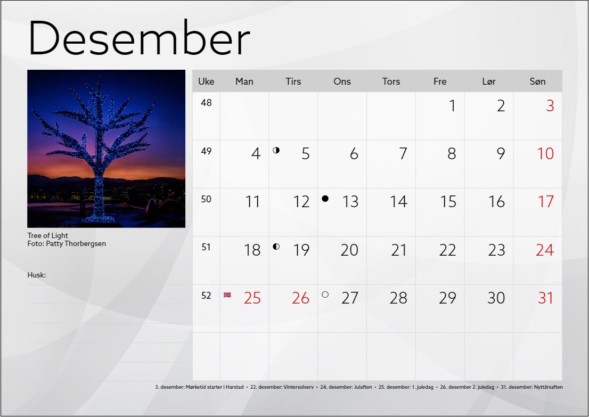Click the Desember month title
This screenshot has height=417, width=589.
click(139, 38)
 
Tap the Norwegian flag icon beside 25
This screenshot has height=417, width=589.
click(227, 295)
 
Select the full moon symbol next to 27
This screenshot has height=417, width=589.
click(325, 295)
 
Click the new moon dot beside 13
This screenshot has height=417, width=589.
click(325, 199)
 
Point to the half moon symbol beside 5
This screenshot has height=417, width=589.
click(276, 150)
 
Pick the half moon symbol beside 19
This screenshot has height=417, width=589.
click(276, 247)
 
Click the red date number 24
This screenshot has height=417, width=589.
click(545, 250)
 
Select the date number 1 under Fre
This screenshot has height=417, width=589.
click(453, 105)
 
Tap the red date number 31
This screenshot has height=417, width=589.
click(546, 298)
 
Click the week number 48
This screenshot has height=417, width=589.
click(206, 103)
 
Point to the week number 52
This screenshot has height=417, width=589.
click(206, 296)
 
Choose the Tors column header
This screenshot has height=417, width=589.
click(391, 81)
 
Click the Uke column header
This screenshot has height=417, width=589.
click(206, 81)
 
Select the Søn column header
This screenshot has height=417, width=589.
click(537, 81)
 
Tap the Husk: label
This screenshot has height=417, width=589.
click(36, 275)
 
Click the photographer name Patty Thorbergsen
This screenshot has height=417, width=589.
click(76, 243)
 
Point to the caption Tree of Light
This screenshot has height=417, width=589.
click(48, 235)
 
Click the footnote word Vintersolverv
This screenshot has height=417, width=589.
click(298, 387)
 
